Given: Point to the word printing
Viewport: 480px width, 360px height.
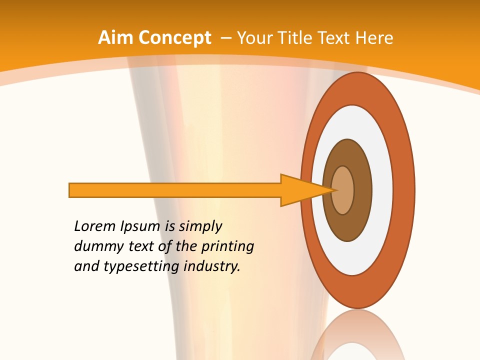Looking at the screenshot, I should click(x=227, y=246).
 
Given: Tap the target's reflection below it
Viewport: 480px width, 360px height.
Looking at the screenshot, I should click(x=358, y=335).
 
